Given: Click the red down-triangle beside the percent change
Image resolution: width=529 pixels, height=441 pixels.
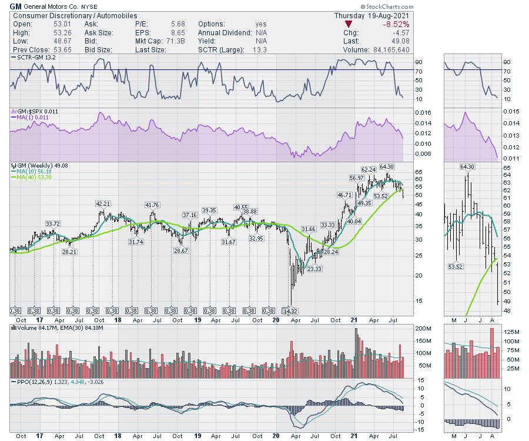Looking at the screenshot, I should (x=349, y=24).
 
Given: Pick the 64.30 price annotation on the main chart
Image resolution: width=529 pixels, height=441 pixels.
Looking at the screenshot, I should (x=386, y=166).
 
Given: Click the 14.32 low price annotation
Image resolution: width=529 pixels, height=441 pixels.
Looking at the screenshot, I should (x=288, y=310).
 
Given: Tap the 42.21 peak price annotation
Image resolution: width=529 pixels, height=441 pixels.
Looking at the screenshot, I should (x=103, y=204).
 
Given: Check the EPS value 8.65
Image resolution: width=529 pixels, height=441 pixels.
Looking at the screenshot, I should (x=166, y=33).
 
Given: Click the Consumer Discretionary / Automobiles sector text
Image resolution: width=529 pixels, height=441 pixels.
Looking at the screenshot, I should (x=75, y=15).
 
